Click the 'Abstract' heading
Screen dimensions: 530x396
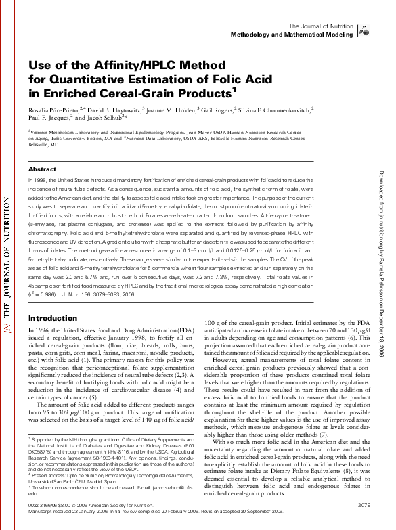(42, 169)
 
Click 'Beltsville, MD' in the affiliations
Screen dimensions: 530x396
(44, 144)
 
